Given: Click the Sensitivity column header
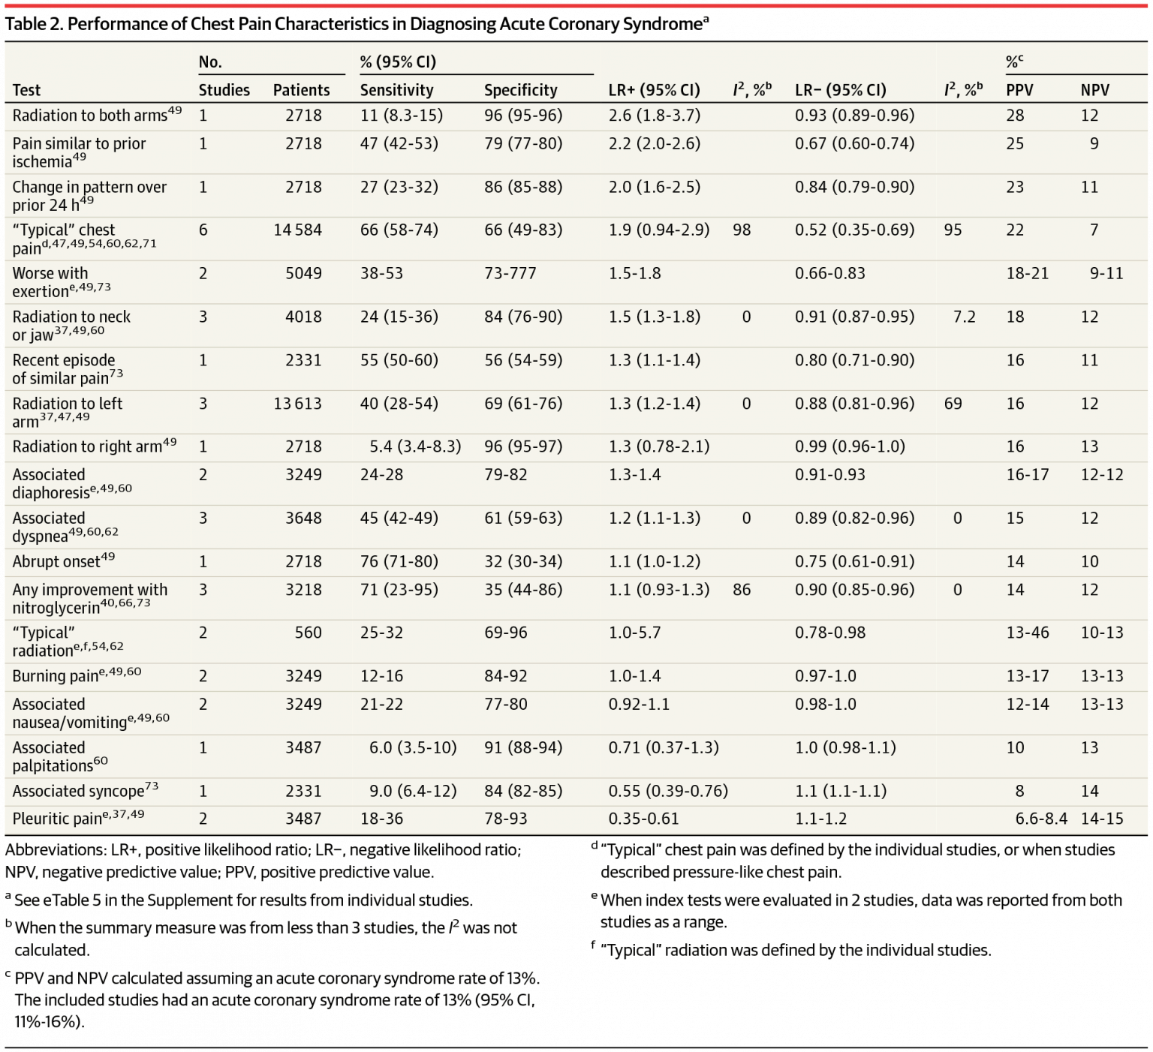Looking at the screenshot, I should (x=396, y=90).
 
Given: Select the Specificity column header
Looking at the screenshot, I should (x=520, y=90).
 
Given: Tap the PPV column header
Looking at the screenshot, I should (x=1019, y=90).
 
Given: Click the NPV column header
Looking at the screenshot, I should (x=1094, y=90).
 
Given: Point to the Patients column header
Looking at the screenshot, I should (x=301, y=90).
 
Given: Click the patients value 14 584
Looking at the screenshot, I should (x=297, y=230).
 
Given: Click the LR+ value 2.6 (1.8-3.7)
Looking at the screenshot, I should (x=654, y=116).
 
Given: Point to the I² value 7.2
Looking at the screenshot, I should (x=964, y=317).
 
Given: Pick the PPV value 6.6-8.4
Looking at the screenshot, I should (x=1040, y=819).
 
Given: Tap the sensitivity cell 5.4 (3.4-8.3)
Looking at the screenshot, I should (x=415, y=446).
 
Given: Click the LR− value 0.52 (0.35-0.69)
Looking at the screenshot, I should (x=854, y=230).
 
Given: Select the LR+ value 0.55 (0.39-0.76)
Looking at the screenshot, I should (x=668, y=791).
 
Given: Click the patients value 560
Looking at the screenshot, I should (x=308, y=633).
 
